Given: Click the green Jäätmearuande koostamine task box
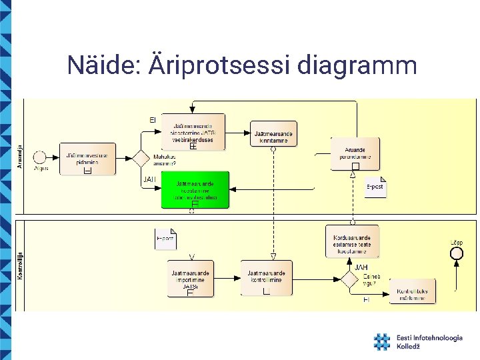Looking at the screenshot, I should coord(195,189).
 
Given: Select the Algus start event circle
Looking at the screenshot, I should coord(39,157).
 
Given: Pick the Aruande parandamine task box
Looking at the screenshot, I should coord(355,153).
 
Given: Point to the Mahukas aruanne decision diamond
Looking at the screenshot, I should coord(141,158).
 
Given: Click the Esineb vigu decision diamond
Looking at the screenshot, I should coord(349,279).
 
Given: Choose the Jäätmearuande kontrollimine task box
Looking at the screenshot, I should coord(266,278).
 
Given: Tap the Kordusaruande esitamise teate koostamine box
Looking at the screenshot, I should coord(352,241).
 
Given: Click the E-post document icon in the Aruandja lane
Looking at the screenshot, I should coord(376,186).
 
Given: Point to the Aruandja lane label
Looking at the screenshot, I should coord(20,157).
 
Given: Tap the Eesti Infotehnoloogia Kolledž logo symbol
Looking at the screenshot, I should coord(381,342).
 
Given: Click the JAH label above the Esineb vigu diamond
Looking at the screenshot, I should coord(361,267).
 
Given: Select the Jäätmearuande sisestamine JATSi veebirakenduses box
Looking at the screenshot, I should coord(193,132).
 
